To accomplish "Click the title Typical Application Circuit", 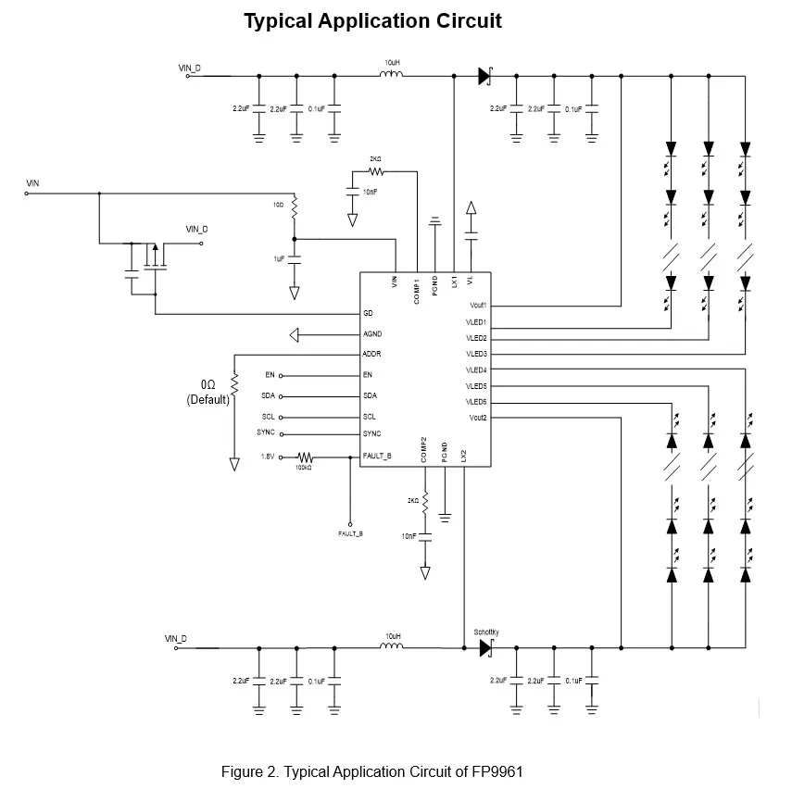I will [x=372, y=20].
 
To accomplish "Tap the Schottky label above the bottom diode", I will [x=486, y=632].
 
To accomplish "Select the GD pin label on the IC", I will [x=368, y=313].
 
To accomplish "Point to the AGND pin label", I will [x=372, y=333].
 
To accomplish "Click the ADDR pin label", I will [x=372, y=354].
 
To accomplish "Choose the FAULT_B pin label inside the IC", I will [x=379, y=457].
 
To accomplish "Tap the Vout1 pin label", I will [x=478, y=305].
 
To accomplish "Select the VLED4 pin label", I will [x=477, y=369].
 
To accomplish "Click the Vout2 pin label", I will [x=478, y=418].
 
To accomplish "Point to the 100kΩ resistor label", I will [x=303, y=468].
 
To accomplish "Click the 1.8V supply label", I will [x=268, y=457].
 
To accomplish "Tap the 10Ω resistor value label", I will [x=278, y=204].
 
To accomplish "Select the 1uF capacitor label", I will [x=279, y=259].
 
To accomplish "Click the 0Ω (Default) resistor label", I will [x=208, y=392].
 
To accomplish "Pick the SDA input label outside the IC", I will [x=268, y=396].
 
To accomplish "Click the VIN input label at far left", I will [x=32, y=184].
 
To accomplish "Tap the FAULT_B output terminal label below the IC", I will [x=350, y=534].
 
